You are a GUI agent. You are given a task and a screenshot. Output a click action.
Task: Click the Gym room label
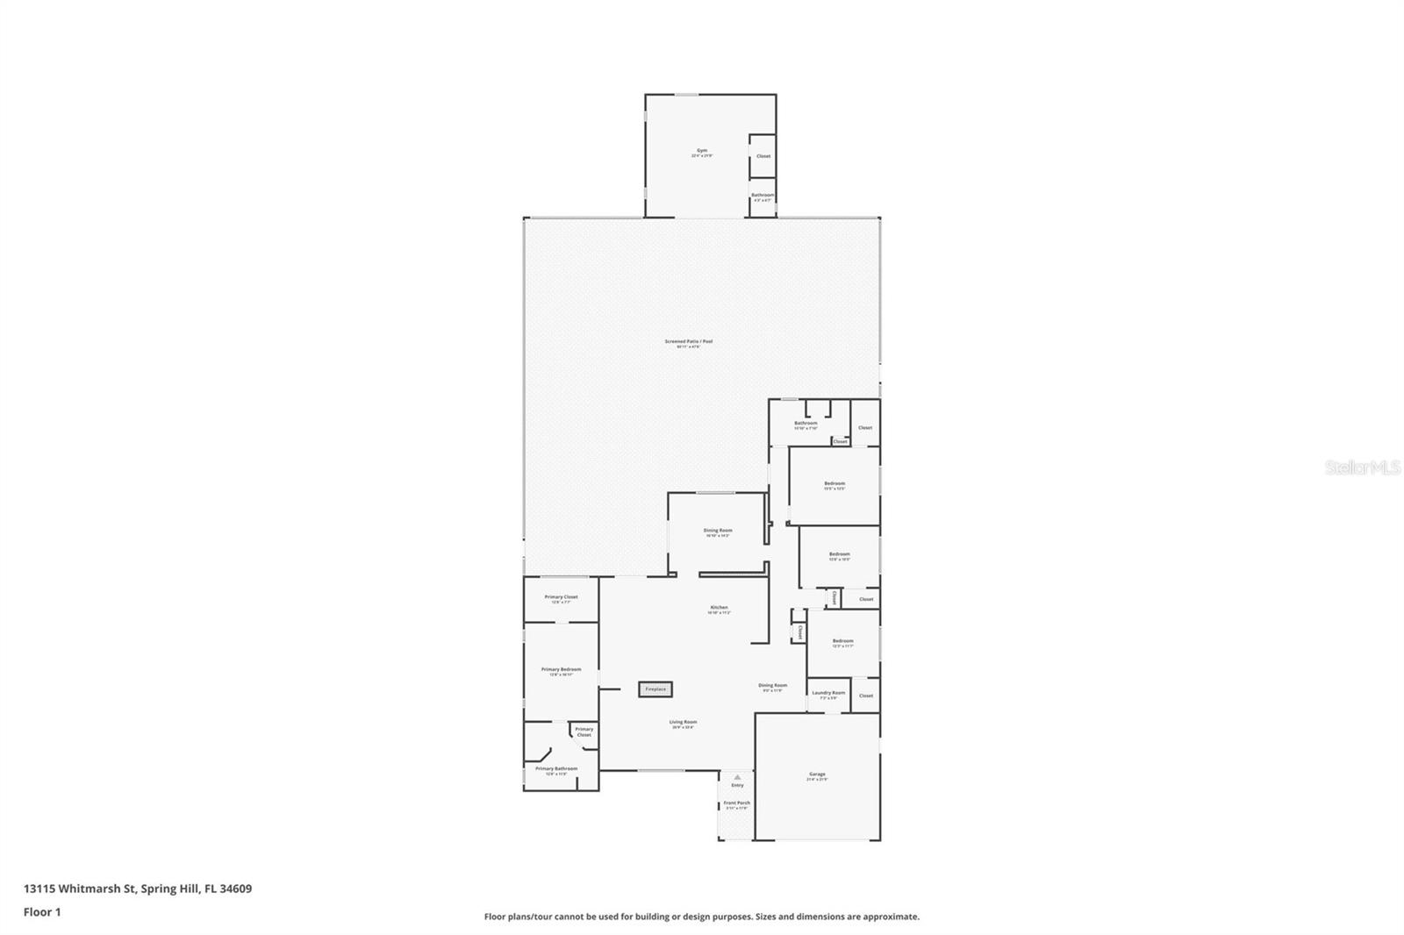click(x=701, y=151)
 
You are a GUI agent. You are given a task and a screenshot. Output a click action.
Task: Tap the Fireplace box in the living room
click(x=655, y=689)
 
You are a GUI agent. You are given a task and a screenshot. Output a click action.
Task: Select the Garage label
click(x=817, y=774)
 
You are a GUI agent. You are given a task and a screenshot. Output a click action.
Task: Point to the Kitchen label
click(x=719, y=608)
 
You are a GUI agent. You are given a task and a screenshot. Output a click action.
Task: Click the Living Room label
click(x=683, y=723)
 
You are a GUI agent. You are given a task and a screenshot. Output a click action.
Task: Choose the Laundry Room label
click(x=828, y=693)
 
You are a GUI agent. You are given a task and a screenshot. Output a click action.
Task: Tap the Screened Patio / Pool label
click(x=688, y=342)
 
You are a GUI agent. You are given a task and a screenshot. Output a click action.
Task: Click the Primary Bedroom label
click(x=561, y=670)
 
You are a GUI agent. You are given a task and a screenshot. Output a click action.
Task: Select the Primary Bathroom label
click(x=556, y=769)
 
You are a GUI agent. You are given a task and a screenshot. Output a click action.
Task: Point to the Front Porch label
click(x=736, y=803)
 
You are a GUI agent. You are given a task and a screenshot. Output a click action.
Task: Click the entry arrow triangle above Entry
click(x=737, y=776)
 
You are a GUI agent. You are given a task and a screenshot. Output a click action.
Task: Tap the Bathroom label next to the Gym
click(x=762, y=196)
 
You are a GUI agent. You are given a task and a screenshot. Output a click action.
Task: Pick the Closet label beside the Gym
click(x=763, y=156)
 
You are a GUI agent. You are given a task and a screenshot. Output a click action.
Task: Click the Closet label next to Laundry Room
click(x=865, y=696)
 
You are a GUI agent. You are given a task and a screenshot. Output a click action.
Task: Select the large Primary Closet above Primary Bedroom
click(x=561, y=597)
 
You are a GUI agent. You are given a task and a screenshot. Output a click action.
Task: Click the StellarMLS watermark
click(x=1361, y=468)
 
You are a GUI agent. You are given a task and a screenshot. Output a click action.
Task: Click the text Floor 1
click(x=42, y=912)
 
